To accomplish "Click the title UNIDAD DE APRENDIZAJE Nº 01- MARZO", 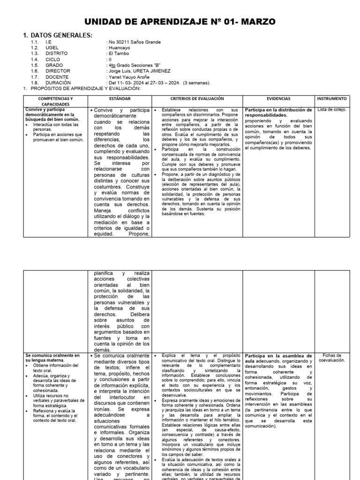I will (x=180, y=22).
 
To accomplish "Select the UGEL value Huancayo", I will (x=120, y=48).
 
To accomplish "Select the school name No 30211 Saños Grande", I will (x=134, y=42).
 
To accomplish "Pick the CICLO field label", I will (x=53, y=60).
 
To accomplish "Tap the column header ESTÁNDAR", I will (x=120, y=99).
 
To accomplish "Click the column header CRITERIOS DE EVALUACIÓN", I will (x=197, y=99).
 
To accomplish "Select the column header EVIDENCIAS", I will (x=278, y=99).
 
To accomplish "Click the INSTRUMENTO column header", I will (x=332, y=99).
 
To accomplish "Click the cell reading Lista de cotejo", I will (x=331, y=110).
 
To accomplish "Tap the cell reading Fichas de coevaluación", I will (x=331, y=358).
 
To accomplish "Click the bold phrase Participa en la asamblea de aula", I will (x=278, y=358).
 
